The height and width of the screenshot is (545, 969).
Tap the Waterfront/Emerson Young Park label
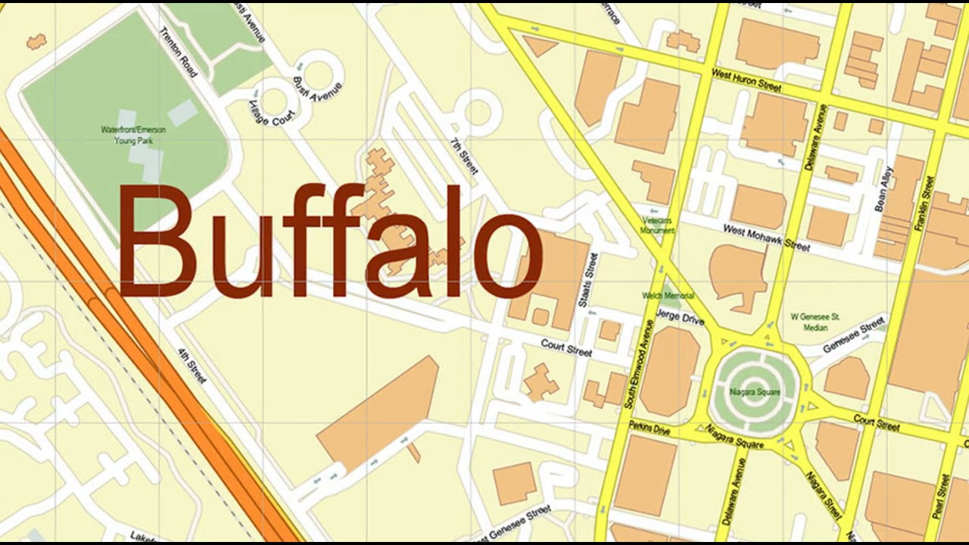tap(133, 135)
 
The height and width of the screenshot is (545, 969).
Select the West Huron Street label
tap(746, 79)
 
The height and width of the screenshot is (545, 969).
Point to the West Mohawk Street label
tap(766, 237)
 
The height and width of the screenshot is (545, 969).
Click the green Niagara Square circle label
tap(756, 392)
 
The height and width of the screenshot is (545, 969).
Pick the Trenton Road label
tap(179, 52)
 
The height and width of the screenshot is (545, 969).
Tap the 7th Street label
tap(464, 156)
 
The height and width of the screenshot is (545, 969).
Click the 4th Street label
tap(192, 365)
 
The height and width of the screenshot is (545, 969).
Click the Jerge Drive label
tap(679, 317)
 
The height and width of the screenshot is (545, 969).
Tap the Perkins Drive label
tap(649, 428)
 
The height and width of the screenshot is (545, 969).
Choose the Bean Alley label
tap(883, 189)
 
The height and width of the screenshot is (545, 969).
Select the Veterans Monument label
tap(657, 225)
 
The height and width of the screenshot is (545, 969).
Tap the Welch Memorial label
tap(668, 296)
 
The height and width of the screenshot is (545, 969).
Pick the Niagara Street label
tap(823, 495)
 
